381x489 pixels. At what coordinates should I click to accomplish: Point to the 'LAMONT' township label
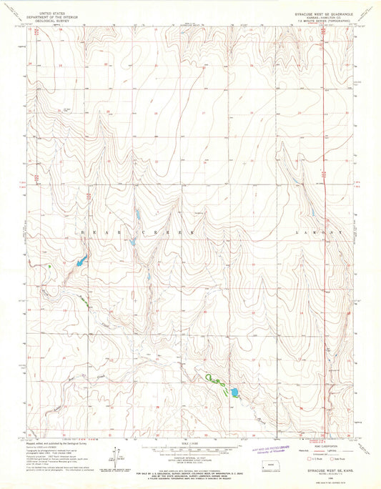point(320,233)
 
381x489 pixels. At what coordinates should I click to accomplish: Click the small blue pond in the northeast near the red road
point(312,212)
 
